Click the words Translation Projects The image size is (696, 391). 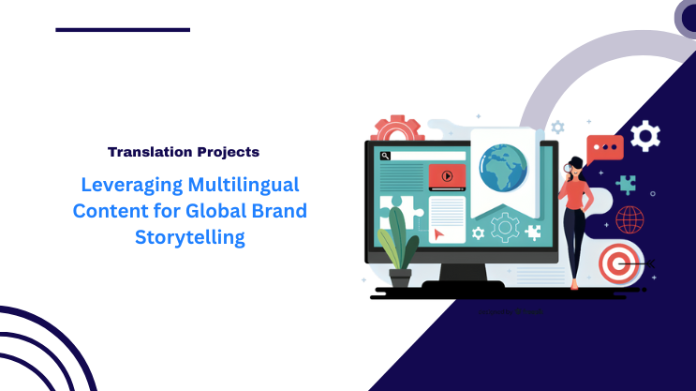click(x=183, y=151)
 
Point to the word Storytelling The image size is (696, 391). click(x=190, y=236)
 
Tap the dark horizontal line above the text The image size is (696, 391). click(x=123, y=30)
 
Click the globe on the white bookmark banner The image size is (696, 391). click(x=502, y=168)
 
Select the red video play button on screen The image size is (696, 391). click(x=447, y=175)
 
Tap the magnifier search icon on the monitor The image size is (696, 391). click(x=386, y=156)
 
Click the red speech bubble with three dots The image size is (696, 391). click(x=604, y=148)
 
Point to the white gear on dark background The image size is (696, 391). click(x=644, y=136)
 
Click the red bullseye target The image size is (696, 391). click(x=617, y=263)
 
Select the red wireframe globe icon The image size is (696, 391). click(x=629, y=220)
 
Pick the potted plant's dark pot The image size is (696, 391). click(x=400, y=278)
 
